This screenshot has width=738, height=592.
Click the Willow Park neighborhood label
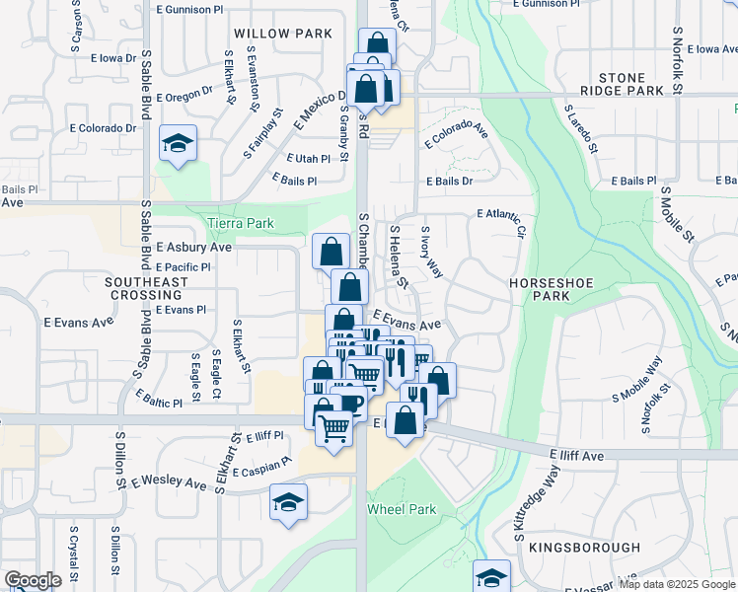coord(285,34)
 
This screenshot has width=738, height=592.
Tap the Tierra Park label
coord(241,223)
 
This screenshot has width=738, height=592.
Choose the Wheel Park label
coord(401,509)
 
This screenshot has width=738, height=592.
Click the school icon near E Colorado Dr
coord(178,144)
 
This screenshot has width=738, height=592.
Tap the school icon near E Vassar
coord(491,577)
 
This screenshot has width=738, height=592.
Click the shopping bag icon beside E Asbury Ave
coord(331,251)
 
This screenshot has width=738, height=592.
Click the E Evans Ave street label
coord(406,323)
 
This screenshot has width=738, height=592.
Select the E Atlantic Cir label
coord(502,222)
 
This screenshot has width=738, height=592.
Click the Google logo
coord(33,580)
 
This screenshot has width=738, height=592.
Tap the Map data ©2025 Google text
coord(677,584)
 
